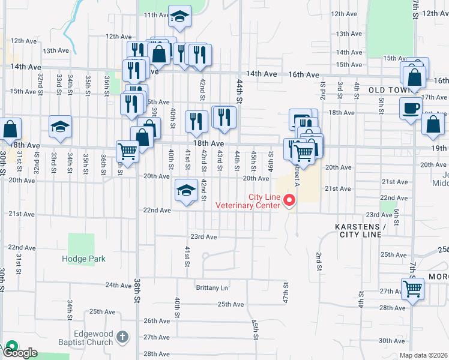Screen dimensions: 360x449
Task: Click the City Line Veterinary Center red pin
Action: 290,200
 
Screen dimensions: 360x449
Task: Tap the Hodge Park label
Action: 84,259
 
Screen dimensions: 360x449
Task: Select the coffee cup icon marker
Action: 411,109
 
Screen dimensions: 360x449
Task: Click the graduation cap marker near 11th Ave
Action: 179,17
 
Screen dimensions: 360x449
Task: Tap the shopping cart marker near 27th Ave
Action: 413,289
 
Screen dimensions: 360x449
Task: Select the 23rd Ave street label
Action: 203,237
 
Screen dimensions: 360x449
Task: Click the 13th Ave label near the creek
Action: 56,51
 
